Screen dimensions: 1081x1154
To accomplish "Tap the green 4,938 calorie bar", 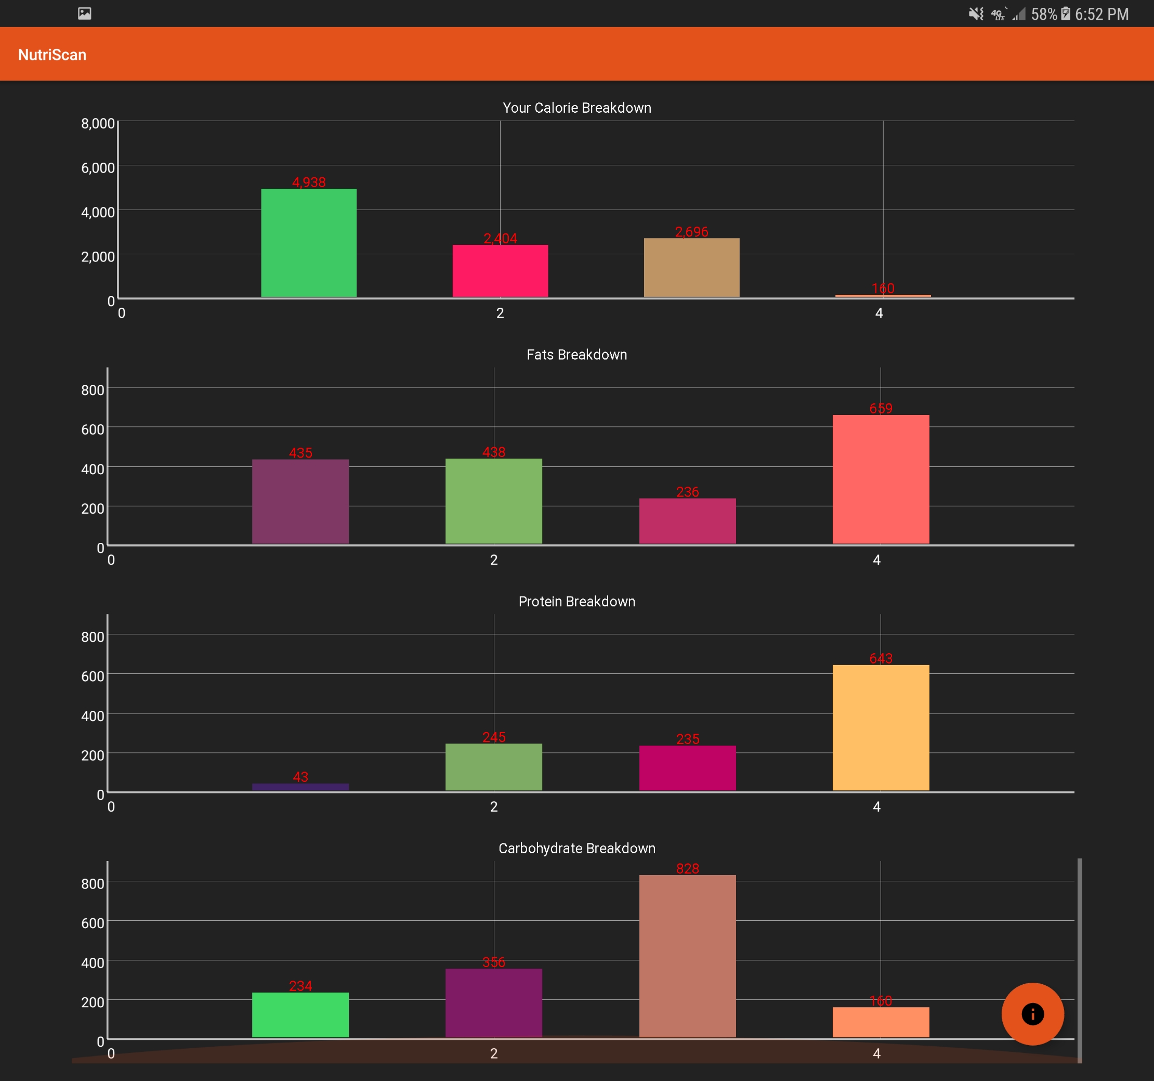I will [x=308, y=243].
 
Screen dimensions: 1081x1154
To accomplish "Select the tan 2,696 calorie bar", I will [x=691, y=267].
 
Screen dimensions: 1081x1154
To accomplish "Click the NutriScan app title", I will [x=53, y=55].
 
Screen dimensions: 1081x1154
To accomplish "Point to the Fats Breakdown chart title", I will [x=576, y=355].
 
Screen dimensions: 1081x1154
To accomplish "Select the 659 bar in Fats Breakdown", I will [x=881, y=479].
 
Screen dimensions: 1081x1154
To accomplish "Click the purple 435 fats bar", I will [x=300, y=501].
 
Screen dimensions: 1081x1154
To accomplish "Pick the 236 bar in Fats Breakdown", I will [x=687, y=521].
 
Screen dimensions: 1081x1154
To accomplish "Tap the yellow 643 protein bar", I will [x=881, y=727].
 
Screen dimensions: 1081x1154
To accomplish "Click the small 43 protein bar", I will [x=300, y=787].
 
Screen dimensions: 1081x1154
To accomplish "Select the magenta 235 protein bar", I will [x=687, y=767].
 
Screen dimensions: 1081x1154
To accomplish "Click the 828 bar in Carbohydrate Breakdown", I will [x=687, y=956].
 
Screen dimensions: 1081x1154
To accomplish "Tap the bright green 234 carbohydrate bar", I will [x=300, y=1014].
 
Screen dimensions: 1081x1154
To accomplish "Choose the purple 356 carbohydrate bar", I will [x=493, y=1002].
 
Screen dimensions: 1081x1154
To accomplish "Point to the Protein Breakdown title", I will [x=576, y=602].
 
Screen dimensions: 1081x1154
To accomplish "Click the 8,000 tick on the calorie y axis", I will [x=98, y=123].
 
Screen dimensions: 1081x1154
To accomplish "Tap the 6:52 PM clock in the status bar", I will [x=1101, y=14].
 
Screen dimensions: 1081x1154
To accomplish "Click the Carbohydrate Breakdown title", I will [x=576, y=848].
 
